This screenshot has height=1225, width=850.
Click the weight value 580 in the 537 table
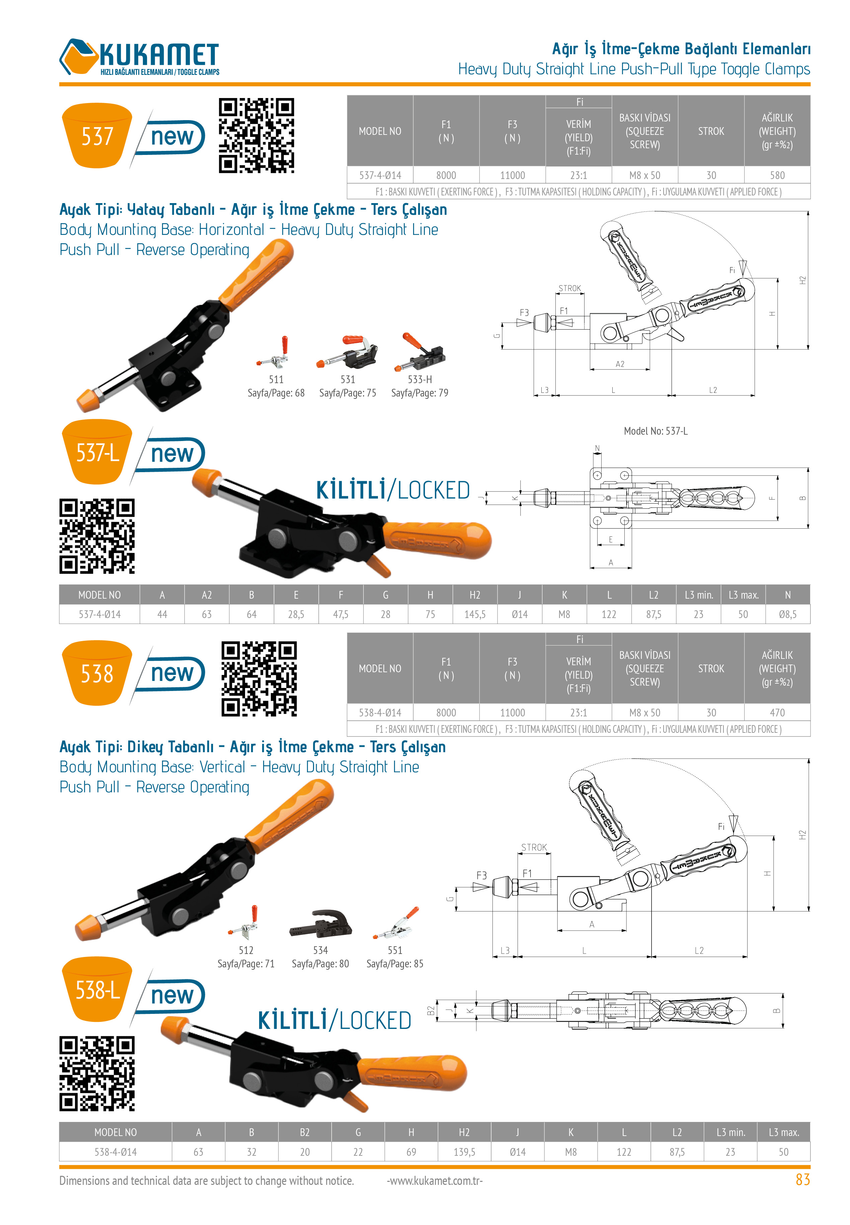pos(777,175)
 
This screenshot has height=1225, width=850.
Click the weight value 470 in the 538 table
pos(777,712)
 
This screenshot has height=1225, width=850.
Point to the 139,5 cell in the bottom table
pos(464,1152)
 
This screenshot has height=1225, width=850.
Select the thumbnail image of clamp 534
pos(320,923)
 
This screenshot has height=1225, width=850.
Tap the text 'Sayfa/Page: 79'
pos(420,393)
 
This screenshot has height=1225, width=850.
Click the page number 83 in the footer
pos(802,1180)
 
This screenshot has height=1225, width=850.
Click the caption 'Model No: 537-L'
pos(655,431)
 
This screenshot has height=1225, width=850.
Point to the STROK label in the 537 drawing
pos(569,288)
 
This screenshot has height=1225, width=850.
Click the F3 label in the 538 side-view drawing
pos(481,875)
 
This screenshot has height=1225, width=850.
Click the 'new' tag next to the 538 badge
pos(171,673)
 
